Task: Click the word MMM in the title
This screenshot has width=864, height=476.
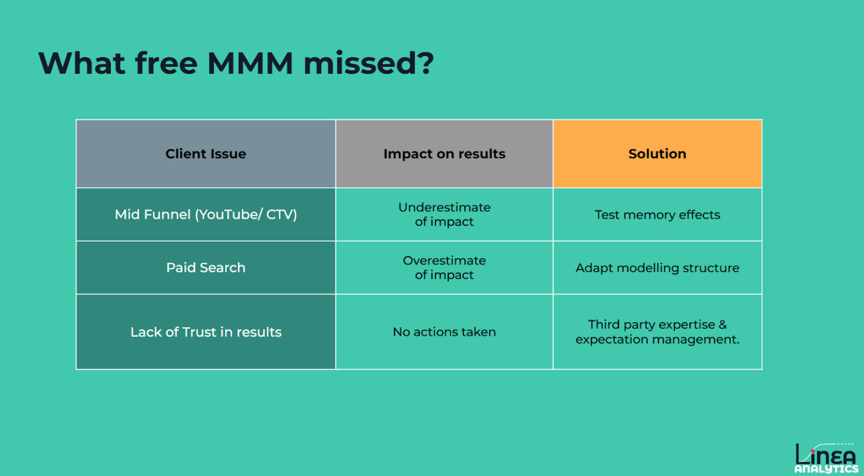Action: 250,63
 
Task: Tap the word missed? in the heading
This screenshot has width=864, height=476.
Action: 369,63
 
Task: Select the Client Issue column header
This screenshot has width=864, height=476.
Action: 206,154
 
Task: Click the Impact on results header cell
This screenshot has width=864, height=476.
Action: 445,154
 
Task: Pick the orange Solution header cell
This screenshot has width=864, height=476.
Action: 658,154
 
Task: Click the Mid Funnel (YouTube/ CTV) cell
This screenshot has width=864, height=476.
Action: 206,215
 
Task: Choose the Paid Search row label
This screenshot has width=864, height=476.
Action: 206,267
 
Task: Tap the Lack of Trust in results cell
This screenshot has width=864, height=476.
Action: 206,332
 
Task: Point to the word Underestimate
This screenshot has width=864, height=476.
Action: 445,207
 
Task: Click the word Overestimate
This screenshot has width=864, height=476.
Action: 445,260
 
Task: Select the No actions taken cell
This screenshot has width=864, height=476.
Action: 445,332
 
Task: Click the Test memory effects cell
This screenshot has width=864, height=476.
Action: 658,215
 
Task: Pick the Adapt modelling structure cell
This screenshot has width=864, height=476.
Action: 658,267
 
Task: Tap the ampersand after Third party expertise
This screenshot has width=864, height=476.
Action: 722,325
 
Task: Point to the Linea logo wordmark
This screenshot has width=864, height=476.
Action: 826,455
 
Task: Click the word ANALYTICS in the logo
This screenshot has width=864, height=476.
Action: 826,469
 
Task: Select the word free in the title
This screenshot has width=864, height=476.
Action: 166,63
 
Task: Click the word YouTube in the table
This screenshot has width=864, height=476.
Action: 229,215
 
